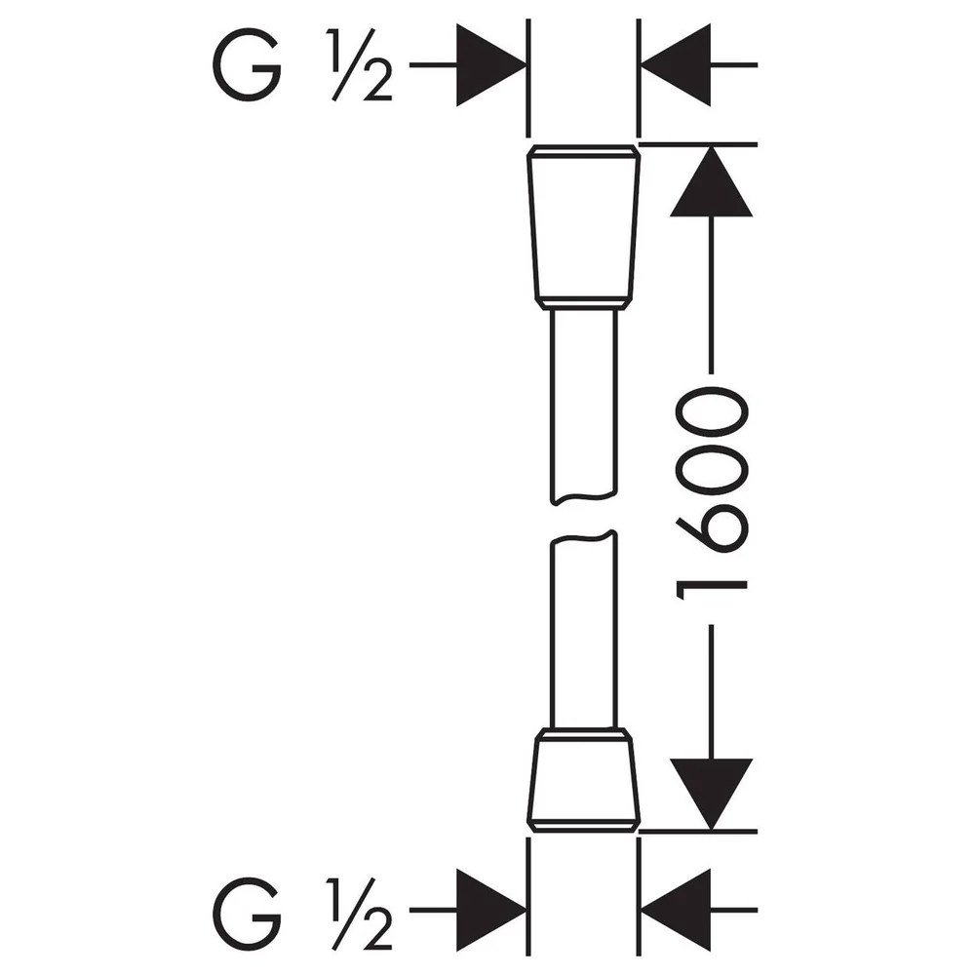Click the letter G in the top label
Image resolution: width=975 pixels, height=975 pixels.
point(247,65)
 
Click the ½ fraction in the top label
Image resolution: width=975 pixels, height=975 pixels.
point(361,65)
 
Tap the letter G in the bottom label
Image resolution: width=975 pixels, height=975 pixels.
point(247,912)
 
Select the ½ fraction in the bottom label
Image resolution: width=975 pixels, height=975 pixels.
point(361,912)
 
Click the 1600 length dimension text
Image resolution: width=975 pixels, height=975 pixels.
point(712,493)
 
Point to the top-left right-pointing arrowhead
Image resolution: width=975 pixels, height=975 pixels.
point(491,64)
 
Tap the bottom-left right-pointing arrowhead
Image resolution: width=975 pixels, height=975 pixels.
point(491,911)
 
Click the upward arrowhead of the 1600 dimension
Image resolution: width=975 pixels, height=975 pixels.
point(712,181)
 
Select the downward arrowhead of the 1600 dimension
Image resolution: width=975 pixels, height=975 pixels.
point(712,794)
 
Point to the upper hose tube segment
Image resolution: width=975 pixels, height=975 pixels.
point(583,406)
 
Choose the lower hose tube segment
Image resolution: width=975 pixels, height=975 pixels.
point(583,629)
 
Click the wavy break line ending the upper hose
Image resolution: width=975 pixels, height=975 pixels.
point(584,497)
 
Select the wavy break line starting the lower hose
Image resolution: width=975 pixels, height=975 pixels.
point(584,537)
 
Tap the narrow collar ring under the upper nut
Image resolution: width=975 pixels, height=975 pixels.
point(583,303)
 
